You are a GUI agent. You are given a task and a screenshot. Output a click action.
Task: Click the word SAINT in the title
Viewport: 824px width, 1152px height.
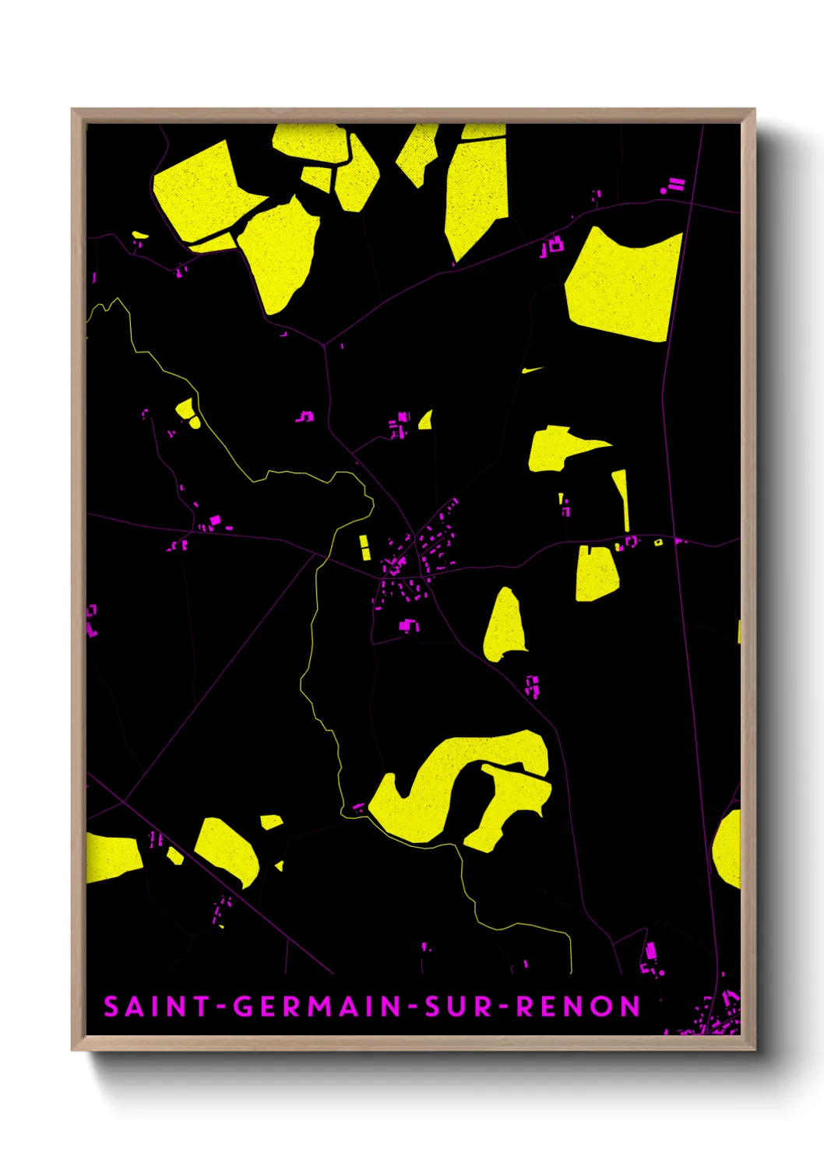(x=156, y=1006)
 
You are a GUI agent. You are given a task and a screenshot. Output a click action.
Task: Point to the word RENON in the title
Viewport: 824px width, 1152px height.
(x=578, y=1006)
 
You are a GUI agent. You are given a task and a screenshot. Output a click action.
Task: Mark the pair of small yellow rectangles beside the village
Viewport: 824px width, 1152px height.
(x=364, y=547)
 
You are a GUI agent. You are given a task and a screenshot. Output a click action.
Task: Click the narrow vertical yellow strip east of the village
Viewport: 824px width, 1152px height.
(x=622, y=498)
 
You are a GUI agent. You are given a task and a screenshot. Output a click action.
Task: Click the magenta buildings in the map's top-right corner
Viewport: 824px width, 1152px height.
(x=673, y=185)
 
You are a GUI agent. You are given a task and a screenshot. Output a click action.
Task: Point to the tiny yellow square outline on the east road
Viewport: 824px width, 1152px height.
(x=658, y=542)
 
